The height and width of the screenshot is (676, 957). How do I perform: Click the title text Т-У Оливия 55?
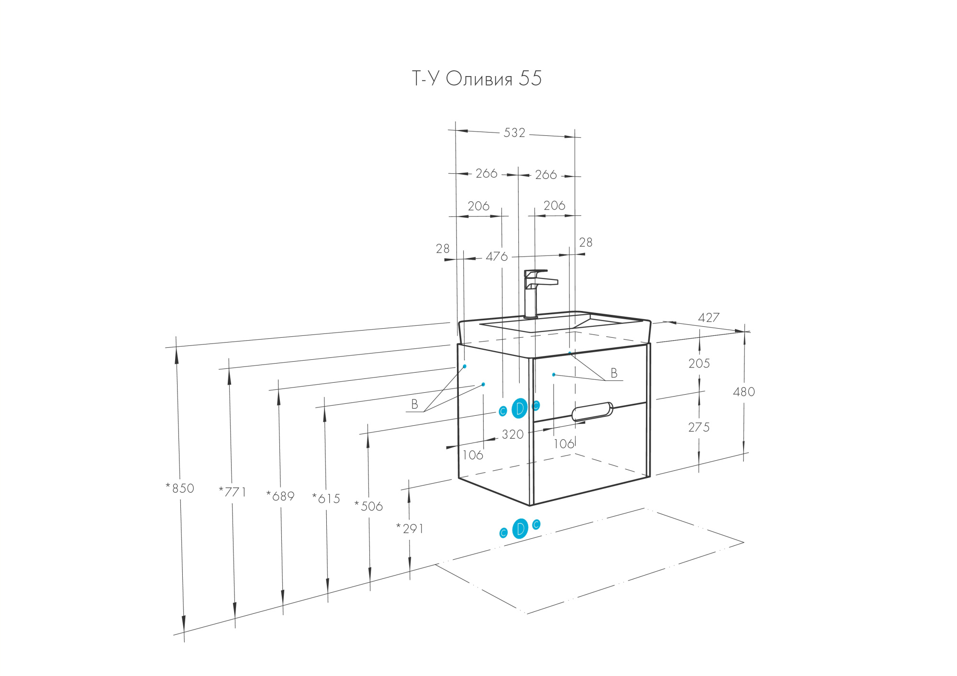click(x=477, y=79)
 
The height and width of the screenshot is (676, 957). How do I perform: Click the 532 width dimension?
click(x=514, y=133)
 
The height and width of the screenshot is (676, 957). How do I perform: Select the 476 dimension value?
click(x=497, y=257)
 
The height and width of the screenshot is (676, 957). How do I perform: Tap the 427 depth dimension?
click(x=709, y=318)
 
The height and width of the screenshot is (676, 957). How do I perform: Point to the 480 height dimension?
click(x=744, y=392)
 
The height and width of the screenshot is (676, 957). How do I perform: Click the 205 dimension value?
click(x=699, y=364)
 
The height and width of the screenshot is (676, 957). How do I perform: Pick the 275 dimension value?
click(x=699, y=427)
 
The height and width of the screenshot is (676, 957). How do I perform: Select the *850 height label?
click(x=180, y=488)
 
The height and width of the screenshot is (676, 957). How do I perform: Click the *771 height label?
click(x=232, y=492)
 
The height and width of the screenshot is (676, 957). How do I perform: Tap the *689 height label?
click(x=280, y=496)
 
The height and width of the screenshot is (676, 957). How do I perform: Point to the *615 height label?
click(x=326, y=499)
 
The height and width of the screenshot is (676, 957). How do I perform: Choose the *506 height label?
click(x=368, y=506)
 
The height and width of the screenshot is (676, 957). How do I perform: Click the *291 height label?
click(x=410, y=529)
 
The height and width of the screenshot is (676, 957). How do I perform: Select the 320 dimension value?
click(x=512, y=434)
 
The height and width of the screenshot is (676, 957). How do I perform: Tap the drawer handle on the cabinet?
click(x=592, y=411)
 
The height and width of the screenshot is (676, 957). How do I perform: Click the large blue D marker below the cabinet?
click(x=520, y=529)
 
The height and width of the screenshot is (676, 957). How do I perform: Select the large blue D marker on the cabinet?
click(x=520, y=408)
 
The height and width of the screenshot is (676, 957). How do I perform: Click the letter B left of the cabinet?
click(x=415, y=405)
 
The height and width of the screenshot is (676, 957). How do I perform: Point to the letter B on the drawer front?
click(x=614, y=373)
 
